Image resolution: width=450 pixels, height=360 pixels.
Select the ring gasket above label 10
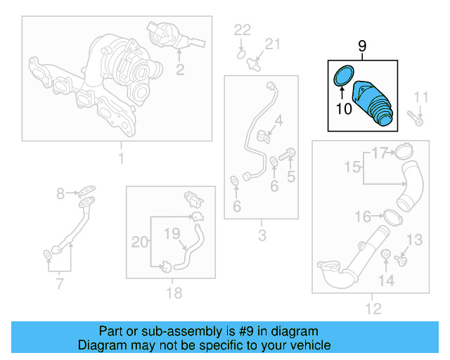click(341, 75)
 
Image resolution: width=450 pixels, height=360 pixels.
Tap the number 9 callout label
click(362, 46)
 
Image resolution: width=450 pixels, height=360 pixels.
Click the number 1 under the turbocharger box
click(120, 159)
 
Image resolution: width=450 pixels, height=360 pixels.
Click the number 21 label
click(271, 45)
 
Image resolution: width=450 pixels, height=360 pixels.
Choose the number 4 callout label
click(278, 121)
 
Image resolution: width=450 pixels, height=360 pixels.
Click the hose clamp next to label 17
click(404, 150)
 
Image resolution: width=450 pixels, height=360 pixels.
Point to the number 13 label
click(415, 240)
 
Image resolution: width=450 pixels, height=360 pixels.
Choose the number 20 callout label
click(141, 242)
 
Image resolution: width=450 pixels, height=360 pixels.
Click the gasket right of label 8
click(87, 190)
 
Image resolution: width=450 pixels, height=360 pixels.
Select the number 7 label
click(59, 284)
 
